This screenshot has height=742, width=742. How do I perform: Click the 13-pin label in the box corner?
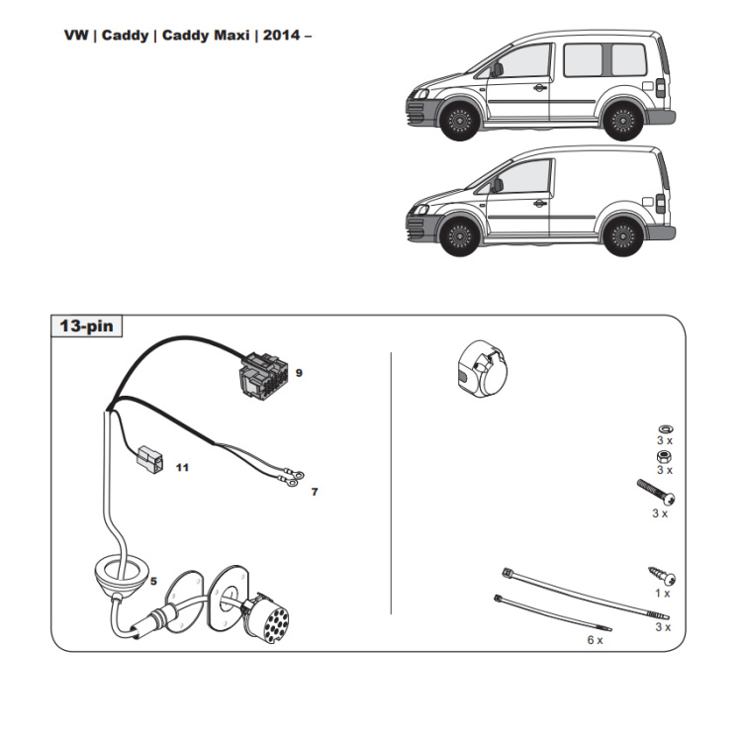[86, 325]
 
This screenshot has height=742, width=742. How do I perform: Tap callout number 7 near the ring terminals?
[315, 491]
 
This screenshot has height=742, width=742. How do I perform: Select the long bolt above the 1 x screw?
[654, 492]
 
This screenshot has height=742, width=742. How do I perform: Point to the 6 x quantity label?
[594, 640]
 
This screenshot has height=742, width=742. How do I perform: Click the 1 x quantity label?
[661, 594]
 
